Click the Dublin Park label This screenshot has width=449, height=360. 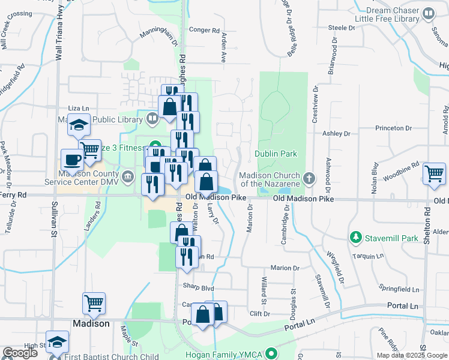tap(276, 154)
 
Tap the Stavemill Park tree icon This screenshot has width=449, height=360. tap(356, 238)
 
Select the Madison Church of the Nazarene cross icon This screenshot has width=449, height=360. tap(309, 178)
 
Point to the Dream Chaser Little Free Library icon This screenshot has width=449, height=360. tap(429, 13)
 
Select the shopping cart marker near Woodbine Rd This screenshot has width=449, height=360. tap(434, 173)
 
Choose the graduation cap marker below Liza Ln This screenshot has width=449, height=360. tap(79, 125)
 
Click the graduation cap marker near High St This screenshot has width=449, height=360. tap(57, 342)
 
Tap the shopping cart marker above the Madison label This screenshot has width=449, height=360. tap(94, 303)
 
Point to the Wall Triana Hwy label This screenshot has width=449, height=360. tap(59, 30)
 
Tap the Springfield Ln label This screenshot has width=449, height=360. tap(399, 289)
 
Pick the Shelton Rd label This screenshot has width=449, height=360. tap(427, 221)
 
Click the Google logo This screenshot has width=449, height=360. tap(20, 353)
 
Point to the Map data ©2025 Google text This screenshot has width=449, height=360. tap(412, 355)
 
